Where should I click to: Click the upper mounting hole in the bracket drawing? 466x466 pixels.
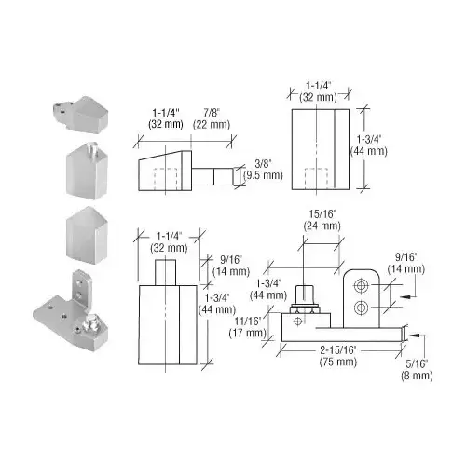click(362, 285)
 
